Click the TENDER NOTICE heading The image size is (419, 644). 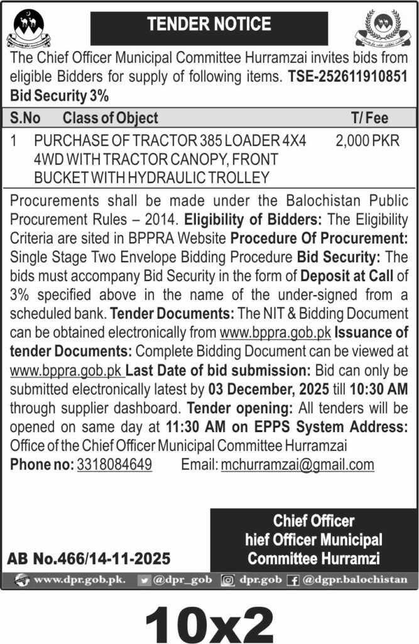(209, 25)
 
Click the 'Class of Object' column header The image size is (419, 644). (110, 118)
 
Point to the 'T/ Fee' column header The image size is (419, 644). (369, 118)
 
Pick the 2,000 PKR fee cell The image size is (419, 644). (367, 142)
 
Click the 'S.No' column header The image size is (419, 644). (26, 118)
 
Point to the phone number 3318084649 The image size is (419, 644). (114, 465)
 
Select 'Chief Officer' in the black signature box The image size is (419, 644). (313, 521)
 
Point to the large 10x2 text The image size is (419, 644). (209, 619)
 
